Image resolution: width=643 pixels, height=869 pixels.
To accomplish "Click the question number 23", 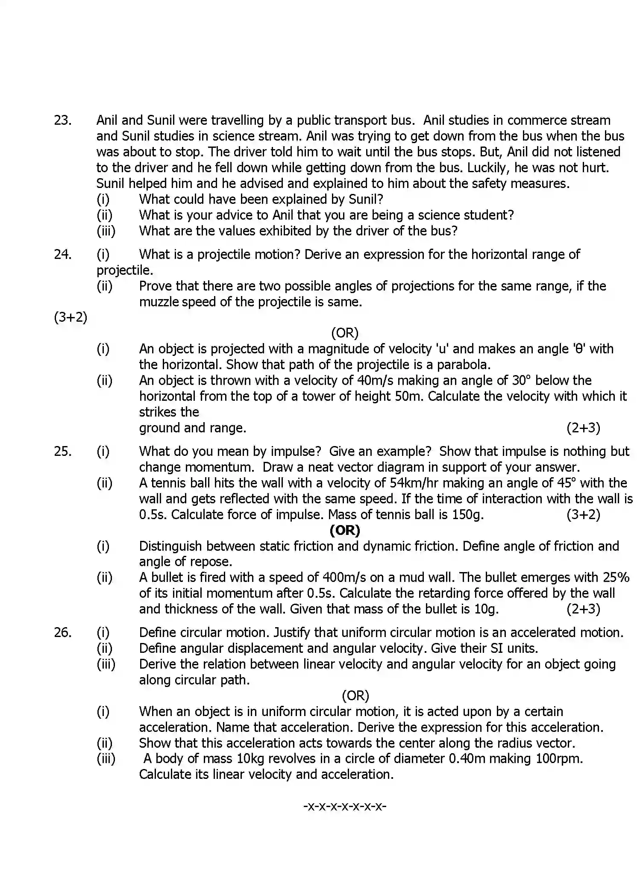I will [x=62, y=120].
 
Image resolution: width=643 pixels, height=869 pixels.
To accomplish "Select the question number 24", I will [x=62, y=254].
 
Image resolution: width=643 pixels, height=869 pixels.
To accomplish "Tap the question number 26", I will [x=62, y=632].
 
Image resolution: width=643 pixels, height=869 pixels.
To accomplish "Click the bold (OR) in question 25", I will [x=345, y=530].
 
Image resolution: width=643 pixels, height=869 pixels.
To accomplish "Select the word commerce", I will [x=539, y=120].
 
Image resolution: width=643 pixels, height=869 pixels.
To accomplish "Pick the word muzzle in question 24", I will [x=159, y=302].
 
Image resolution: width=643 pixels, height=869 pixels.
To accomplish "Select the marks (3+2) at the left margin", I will [x=70, y=317].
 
